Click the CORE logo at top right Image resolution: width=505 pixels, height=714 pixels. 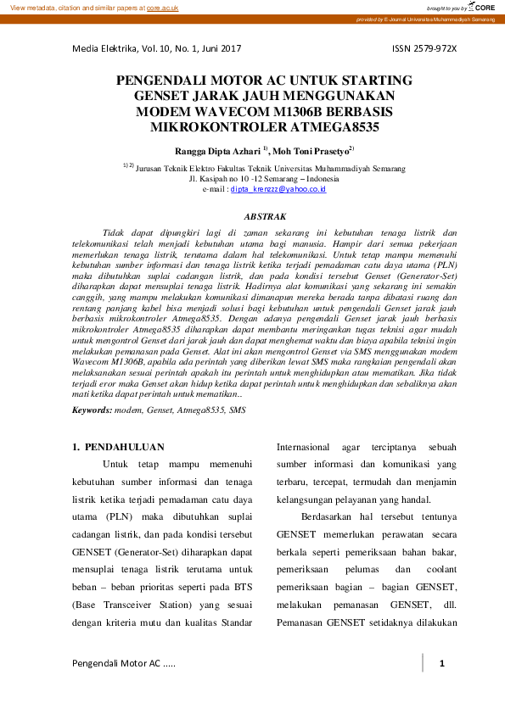[x=481, y=8]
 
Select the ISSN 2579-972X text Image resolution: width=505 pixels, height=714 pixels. [x=424, y=48]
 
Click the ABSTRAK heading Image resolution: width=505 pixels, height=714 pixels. [x=252, y=217]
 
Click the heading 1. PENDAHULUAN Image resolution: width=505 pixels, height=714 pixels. [x=118, y=446]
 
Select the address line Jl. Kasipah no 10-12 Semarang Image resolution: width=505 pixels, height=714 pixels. [x=252, y=179]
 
